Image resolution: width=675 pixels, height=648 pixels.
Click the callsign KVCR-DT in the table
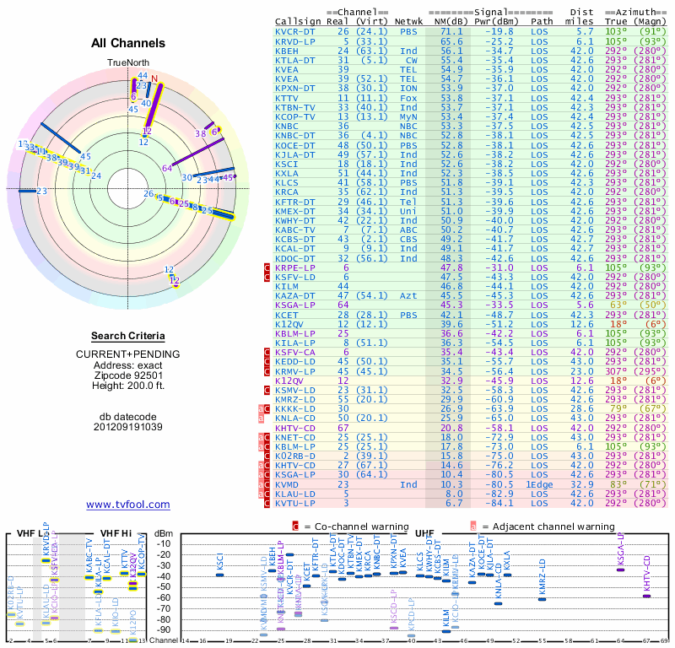(295, 31)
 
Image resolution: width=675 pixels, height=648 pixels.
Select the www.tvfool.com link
(128, 505)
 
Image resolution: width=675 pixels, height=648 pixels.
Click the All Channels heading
(128, 44)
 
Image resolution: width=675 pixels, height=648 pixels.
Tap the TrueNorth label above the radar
(127, 63)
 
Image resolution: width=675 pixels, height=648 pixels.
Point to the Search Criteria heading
(127, 336)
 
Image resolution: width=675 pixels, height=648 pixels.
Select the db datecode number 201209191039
(128, 426)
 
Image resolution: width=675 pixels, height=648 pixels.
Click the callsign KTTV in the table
(289, 98)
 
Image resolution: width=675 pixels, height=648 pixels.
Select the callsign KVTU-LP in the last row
(295, 502)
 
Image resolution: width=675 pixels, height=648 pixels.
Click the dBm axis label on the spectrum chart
(165, 532)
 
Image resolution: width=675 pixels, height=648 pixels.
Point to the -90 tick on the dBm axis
(164, 629)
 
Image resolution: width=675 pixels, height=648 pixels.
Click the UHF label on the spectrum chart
(424, 532)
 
